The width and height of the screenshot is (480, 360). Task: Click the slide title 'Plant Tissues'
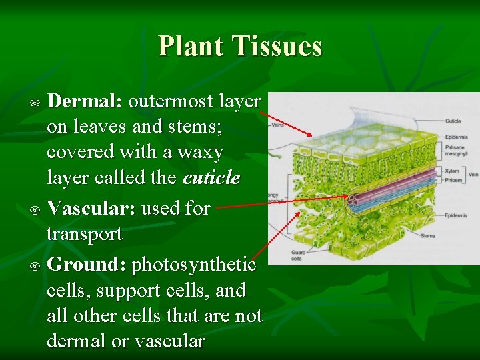click(x=240, y=46)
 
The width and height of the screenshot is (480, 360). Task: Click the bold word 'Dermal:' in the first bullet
click(x=83, y=101)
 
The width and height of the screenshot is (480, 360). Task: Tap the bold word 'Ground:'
click(x=83, y=265)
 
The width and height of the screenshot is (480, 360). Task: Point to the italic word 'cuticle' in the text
click(x=211, y=178)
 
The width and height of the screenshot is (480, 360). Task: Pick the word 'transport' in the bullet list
click(x=85, y=234)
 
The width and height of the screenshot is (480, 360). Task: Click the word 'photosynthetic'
click(x=194, y=265)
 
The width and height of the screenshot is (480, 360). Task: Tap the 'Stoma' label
click(x=428, y=236)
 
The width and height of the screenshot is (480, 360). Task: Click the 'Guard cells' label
click(x=298, y=255)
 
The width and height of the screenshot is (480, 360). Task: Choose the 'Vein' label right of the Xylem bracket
click(x=473, y=175)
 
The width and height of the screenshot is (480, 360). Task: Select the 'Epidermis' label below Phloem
click(x=455, y=215)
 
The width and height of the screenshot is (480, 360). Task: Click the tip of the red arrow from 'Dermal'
click(x=311, y=135)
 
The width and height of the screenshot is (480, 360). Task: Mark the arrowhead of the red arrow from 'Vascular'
click(x=348, y=197)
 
